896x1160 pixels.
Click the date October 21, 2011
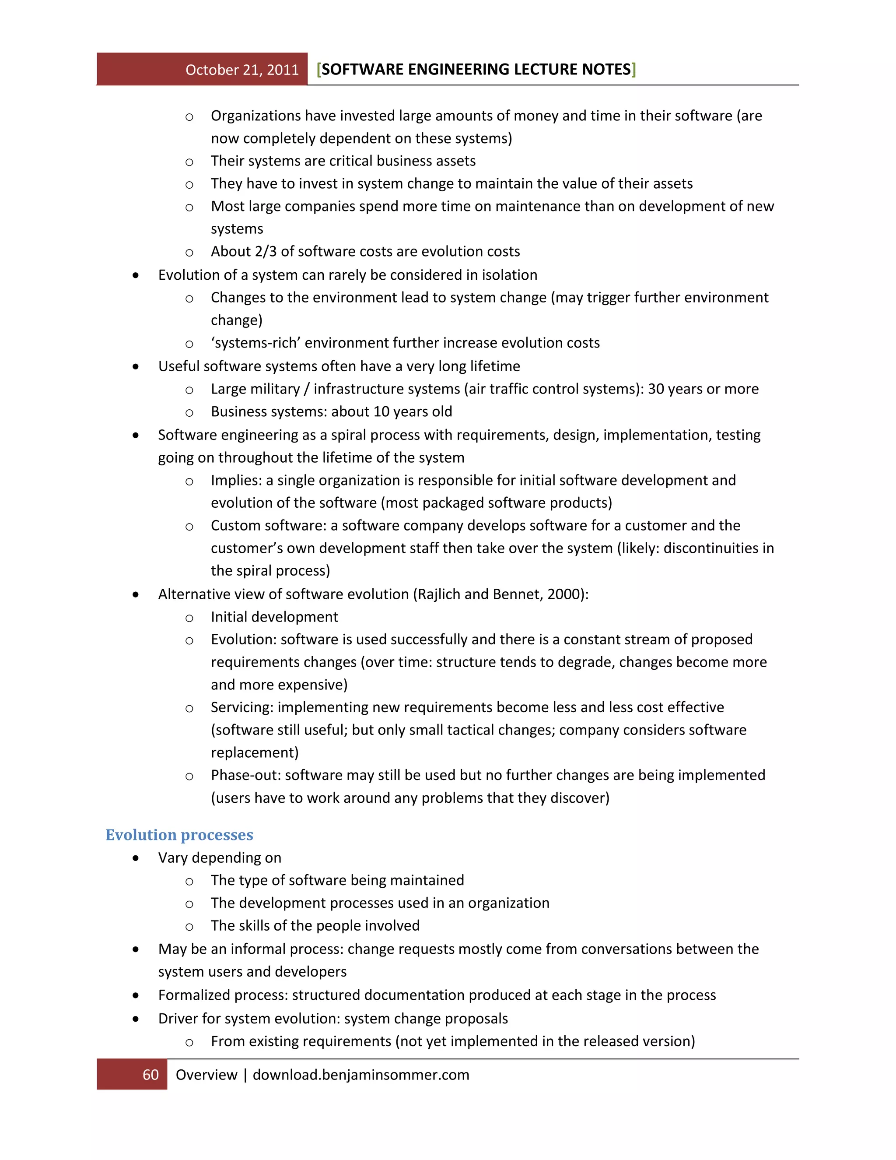242,70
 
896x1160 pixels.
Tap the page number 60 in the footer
151,1075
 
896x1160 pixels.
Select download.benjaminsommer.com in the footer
361,1075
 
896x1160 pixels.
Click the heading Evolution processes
179,834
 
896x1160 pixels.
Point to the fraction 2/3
266,251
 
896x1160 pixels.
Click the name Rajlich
438,594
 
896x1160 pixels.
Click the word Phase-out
245,775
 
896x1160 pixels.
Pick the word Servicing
242,707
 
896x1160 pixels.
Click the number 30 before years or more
656,389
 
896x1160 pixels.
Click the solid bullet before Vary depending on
136,858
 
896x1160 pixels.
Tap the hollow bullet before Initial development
189,618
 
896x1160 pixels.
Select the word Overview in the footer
206,1075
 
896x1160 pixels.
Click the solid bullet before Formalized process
136,995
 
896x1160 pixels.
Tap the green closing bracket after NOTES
634,69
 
